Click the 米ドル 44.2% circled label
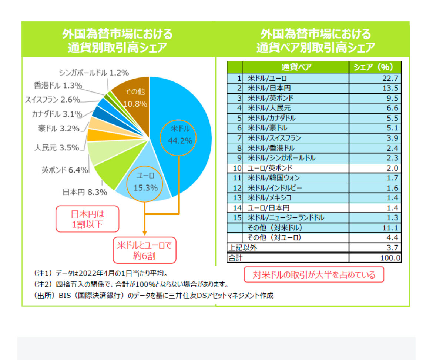click(x=178, y=135)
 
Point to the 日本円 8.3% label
click(x=85, y=192)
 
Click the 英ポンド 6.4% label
click(x=65, y=170)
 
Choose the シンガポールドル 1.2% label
click(x=94, y=73)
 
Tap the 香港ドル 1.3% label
click(x=58, y=86)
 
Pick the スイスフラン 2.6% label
click(x=53, y=99)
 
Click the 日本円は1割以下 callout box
click(x=88, y=219)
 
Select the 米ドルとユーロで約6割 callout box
click(x=145, y=250)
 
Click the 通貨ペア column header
click(x=296, y=67)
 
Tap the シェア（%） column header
click(x=375, y=67)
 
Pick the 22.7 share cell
click(x=375, y=79)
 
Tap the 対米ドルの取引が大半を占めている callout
click(x=314, y=274)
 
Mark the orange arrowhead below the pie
click(x=145, y=232)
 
